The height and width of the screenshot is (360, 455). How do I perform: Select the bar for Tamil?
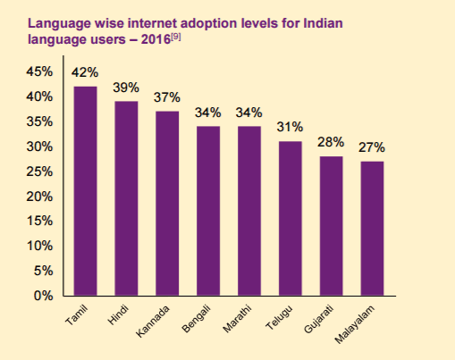85,191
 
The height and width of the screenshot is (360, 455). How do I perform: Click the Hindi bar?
126,198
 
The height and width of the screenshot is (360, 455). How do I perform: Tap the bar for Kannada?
167,204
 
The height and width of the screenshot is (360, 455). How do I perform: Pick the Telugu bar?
291,218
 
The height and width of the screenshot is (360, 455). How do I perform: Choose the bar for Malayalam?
372,229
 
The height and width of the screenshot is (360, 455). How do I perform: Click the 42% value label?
85,72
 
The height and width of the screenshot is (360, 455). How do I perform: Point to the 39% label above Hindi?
126,88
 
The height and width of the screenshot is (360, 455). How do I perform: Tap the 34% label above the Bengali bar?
208,113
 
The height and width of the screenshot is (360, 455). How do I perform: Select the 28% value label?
331,142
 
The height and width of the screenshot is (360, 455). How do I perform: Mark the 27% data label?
372,147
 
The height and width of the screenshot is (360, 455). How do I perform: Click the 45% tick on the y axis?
39,71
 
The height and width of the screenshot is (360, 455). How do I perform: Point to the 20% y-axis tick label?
39,197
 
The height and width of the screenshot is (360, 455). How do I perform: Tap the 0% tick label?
44,296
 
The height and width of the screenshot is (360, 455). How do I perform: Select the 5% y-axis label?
44,271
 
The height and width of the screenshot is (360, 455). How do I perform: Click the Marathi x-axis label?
237,319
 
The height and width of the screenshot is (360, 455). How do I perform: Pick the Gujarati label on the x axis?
318,319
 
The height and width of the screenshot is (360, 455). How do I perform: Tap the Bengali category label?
197,319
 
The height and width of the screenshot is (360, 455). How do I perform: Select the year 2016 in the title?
156,39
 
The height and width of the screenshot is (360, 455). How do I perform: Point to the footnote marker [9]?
175,38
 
